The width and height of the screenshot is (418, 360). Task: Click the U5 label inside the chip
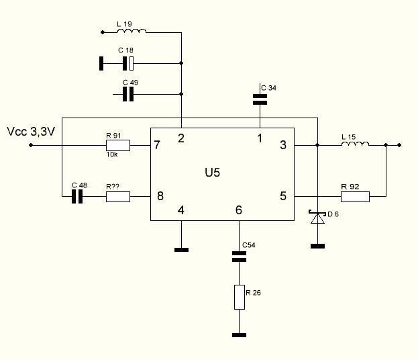point(213,173)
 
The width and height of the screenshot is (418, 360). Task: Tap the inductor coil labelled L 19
point(134,31)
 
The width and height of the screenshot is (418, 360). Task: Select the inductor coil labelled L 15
point(356,144)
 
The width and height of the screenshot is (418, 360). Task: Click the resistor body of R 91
point(117,144)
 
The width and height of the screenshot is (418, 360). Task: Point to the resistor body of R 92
point(355,197)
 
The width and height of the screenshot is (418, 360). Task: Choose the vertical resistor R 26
point(240,296)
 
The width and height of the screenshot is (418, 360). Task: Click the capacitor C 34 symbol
point(260,99)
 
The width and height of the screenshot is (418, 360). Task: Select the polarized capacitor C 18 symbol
point(128,64)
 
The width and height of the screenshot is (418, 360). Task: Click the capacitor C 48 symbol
point(78,197)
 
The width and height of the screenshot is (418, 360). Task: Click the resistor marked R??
point(117,197)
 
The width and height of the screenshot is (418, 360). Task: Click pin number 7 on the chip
point(158,145)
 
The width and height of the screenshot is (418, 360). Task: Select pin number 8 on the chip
point(159,196)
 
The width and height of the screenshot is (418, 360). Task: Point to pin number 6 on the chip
point(239,210)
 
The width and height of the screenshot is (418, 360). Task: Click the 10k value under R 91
point(112,154)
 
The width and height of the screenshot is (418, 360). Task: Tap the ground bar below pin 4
point(180,249)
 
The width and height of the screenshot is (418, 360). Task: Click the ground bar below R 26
point(239,334)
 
